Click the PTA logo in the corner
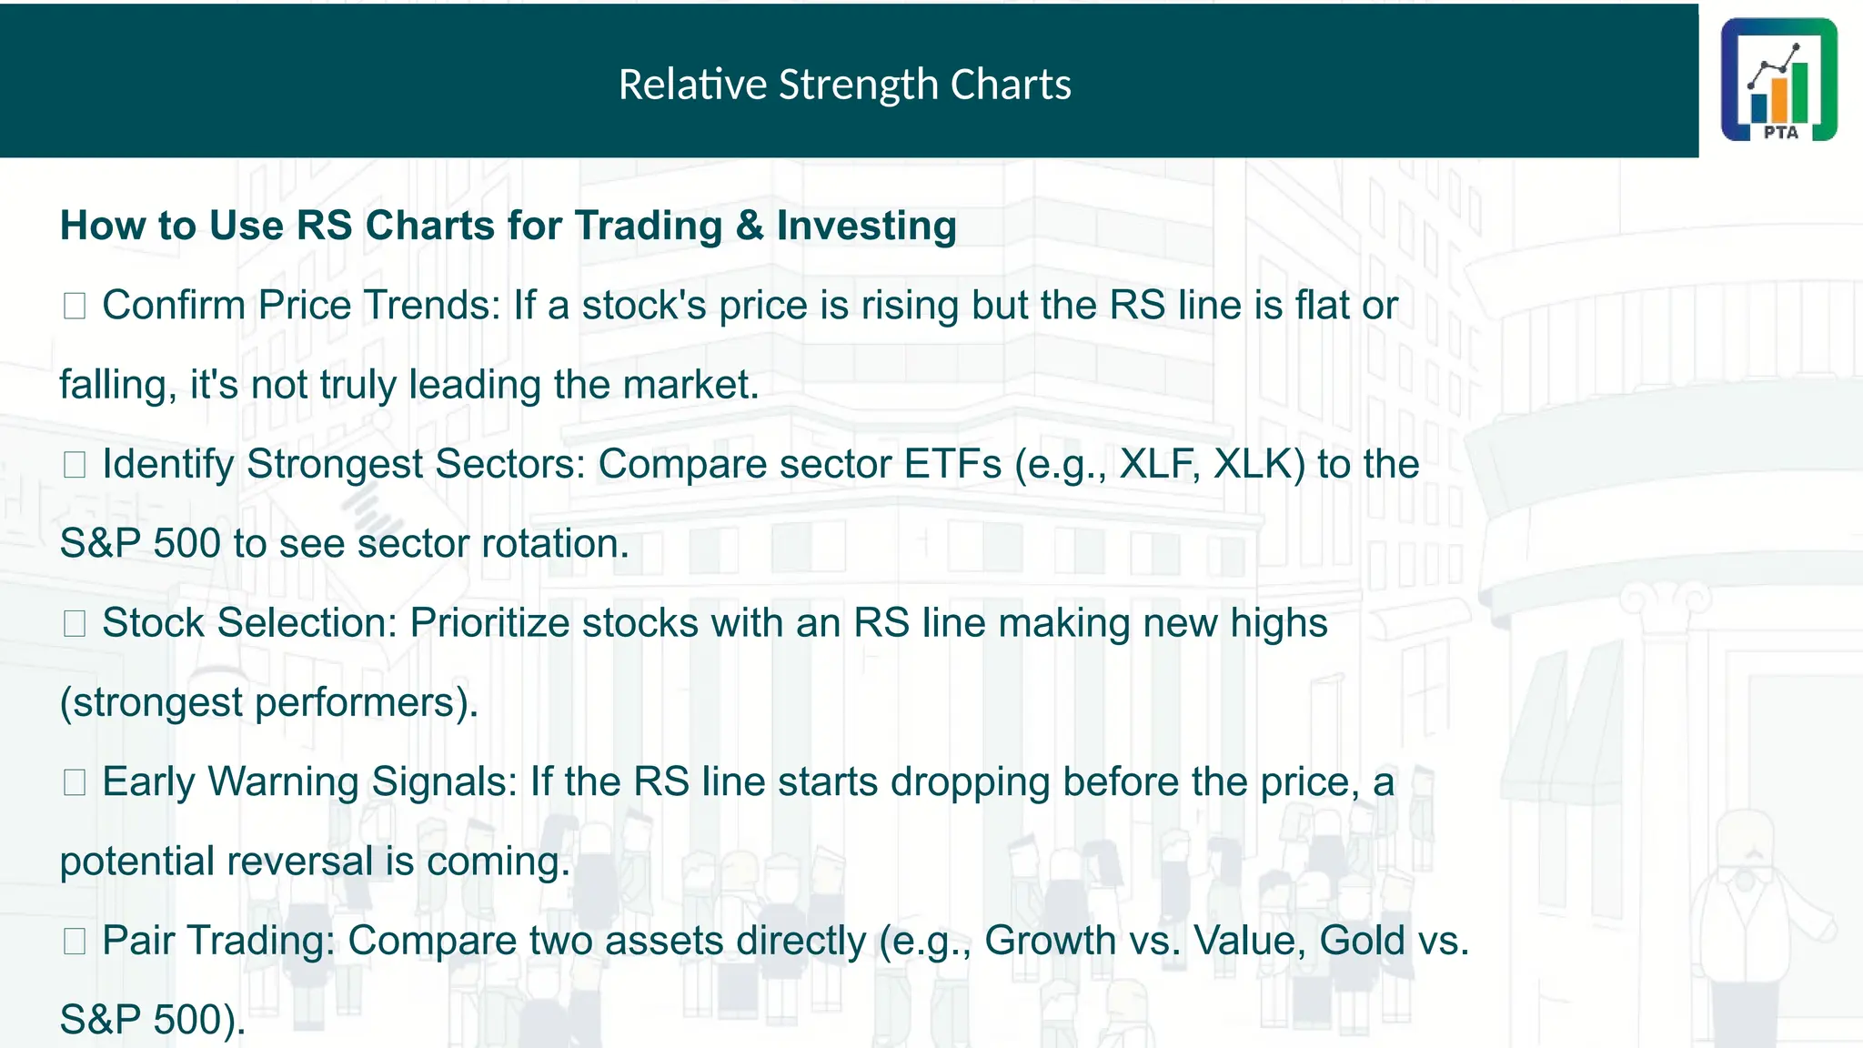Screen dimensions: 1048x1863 [x=1778, y=80]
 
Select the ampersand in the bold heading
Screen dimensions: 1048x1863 [x=750, y=226]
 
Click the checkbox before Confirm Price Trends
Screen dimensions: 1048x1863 [x=75, y=306]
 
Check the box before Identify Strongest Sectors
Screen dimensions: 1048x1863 [x=75, y=465]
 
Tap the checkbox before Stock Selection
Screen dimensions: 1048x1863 [x=75, y=623]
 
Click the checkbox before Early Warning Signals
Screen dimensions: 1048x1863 [x=75, y=782]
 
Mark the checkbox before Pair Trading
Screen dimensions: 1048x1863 [x=75, y=941]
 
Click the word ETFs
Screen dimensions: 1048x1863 [x=952, y=464]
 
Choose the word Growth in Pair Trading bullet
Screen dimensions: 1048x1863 [x=1050, y=941]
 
